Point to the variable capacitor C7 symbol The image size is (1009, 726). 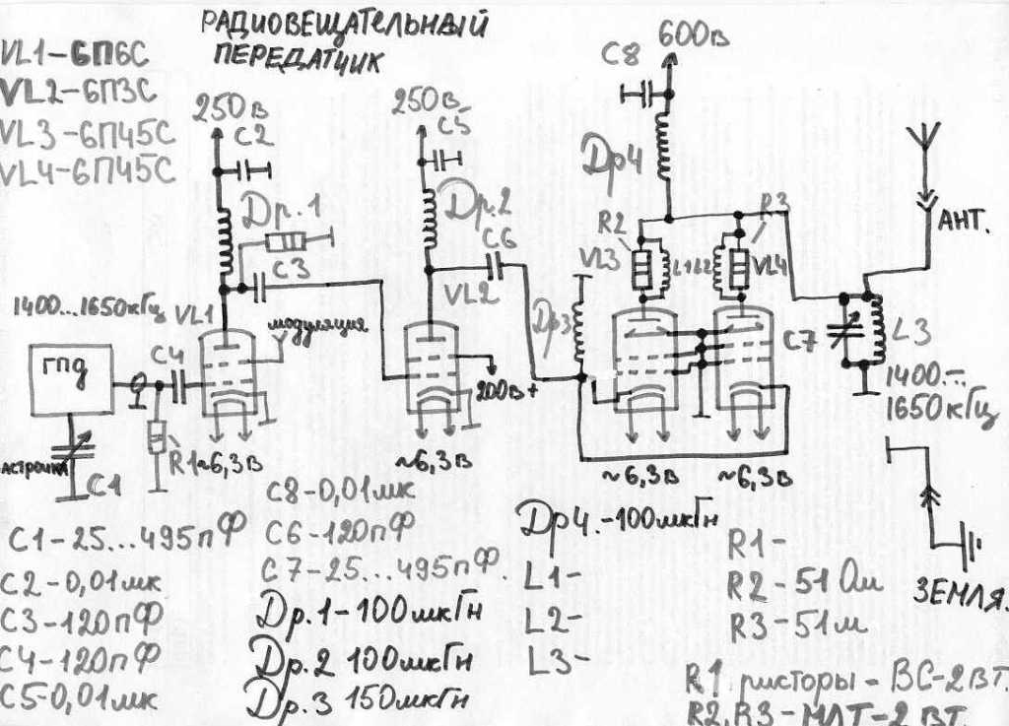[x=844, y=330]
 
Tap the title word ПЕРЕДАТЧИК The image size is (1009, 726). [x=296, y=58]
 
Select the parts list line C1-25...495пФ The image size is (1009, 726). [x=124, y=541]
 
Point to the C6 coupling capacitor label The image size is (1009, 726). [x=499, y=240]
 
